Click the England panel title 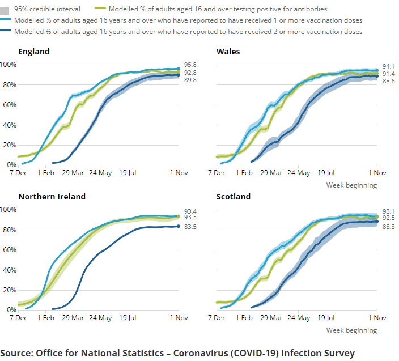coord(34,52)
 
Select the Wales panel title coord(228,52)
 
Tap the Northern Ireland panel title coord(52,197)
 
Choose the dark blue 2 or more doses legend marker coord(8,32)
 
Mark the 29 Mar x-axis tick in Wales coord(271,173)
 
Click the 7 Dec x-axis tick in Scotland coord(217,318)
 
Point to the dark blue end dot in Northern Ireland coord(179,226)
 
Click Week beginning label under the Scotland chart coord(351,330)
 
